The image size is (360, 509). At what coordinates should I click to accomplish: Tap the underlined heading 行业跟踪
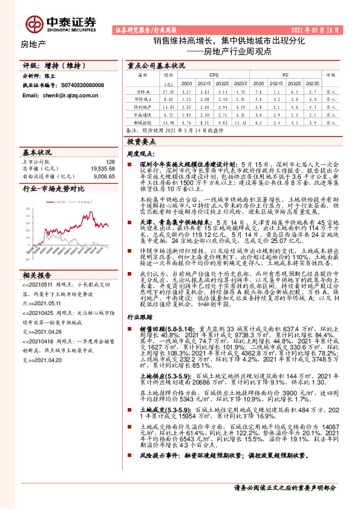(137, 333)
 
